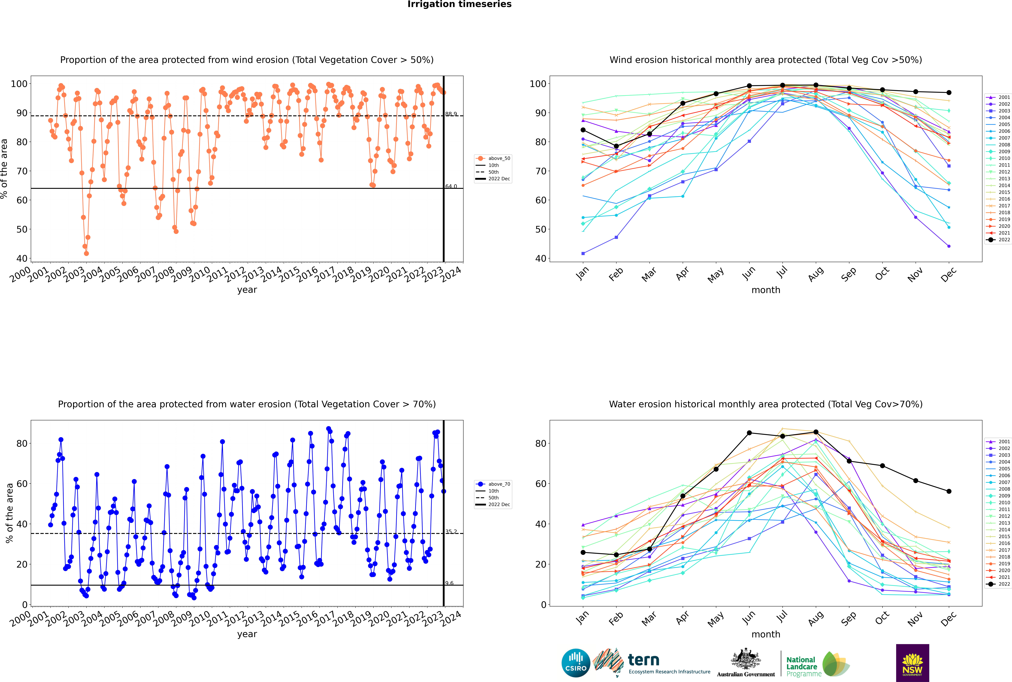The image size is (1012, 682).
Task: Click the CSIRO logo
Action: coord(576,663)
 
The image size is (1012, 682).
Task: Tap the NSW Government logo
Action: coord(912,663)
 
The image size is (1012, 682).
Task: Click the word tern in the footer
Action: coord(643,660)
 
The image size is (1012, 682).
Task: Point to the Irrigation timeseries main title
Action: coord(459,4)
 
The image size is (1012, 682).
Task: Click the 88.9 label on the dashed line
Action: coord(451,114)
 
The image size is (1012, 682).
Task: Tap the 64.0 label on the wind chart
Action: coord(451,186)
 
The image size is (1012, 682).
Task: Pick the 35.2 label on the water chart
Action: coord(451,532)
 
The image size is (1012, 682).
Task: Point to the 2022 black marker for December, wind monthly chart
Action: coord(949,93)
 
